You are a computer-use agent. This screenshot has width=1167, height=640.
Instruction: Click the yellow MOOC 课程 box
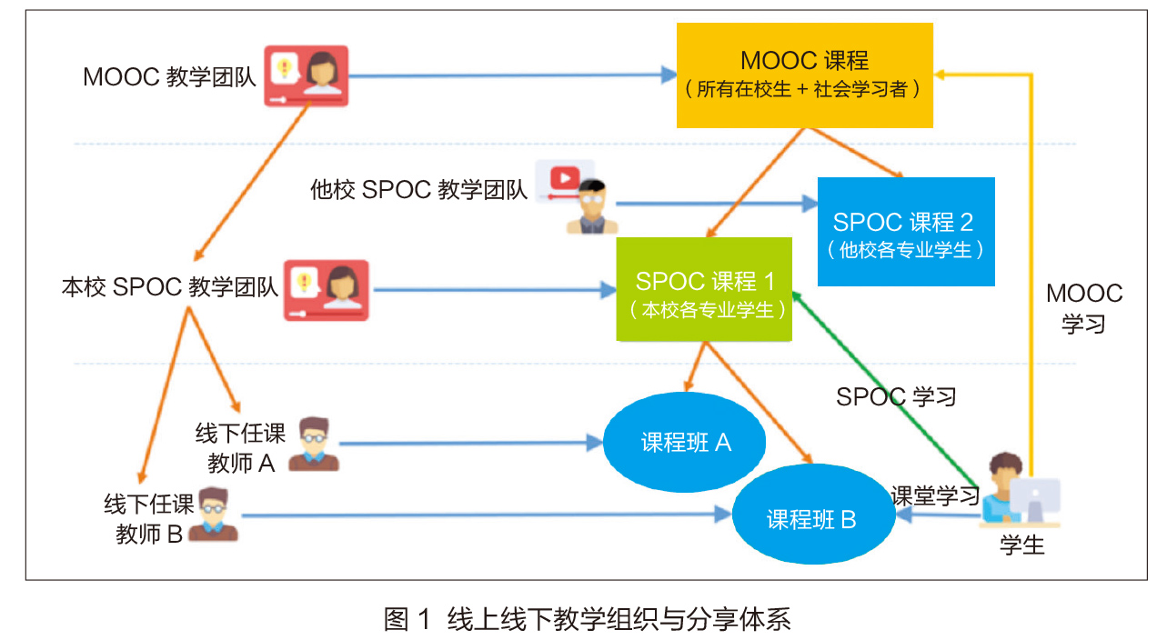pos(805,75)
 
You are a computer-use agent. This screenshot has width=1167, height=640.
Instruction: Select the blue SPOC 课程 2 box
pos(906,232)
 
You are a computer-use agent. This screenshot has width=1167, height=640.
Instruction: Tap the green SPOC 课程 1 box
pos(705,290)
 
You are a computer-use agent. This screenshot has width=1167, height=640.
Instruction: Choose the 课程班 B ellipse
pos(811,519)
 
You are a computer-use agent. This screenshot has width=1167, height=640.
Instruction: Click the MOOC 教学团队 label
pos(169,76)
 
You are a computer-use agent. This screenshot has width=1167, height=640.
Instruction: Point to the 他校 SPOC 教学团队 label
pos(418,190)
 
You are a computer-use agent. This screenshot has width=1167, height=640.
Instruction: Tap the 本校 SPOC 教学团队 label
pos(169,287)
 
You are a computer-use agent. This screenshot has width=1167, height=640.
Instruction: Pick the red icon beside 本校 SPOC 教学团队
pos(327,290)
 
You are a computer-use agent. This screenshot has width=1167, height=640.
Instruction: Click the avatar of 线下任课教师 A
pos(314,444)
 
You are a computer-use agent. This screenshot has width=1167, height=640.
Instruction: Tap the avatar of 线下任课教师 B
pos(213,515)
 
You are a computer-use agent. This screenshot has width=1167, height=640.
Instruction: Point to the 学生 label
pos(1022,545)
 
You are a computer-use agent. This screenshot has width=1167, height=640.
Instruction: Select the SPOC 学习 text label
pos(896,396)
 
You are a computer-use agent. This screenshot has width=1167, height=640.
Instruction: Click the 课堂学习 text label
pos(935,496)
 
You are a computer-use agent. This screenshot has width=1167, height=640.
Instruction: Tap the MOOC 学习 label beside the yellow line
pos(1084,308)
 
